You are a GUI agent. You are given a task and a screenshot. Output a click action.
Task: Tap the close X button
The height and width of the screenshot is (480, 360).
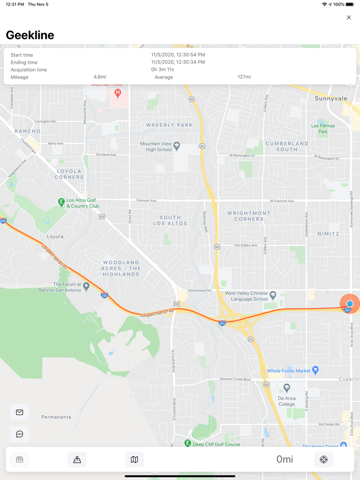[349, 17]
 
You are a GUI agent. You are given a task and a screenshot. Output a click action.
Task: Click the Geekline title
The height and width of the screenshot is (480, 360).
[30, 35]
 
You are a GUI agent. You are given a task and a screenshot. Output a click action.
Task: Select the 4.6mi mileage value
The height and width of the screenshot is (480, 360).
[100, 77]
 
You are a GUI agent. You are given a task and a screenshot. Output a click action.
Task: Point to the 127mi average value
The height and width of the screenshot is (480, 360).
[244, 77]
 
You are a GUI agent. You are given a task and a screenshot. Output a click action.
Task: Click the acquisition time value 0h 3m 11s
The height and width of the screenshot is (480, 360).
[163, 69]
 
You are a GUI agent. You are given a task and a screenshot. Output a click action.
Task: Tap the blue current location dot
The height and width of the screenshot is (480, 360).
[350, 304]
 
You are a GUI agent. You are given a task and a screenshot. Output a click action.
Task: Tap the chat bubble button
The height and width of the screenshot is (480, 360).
[20, 434]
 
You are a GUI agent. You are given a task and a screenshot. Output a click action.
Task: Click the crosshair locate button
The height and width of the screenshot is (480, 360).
[323, 459]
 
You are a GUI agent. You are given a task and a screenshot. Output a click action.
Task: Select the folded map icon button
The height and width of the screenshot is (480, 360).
[134, 459]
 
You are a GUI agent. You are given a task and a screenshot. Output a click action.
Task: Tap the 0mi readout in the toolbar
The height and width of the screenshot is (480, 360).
[284, 459]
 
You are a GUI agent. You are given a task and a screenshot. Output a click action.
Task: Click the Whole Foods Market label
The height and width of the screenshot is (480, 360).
[289, 371]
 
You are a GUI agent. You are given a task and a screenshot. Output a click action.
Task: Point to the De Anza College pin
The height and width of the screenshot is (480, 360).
[287, 388]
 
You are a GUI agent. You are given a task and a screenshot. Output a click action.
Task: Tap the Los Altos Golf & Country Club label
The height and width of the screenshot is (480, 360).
[82, 203]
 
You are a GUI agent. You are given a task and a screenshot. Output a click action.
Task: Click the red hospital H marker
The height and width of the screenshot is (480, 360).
[118, 93]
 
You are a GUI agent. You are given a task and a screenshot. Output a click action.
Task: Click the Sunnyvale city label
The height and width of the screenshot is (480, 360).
[331, 98]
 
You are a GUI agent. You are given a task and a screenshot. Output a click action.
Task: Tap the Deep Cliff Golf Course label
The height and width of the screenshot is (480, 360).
[216, 445]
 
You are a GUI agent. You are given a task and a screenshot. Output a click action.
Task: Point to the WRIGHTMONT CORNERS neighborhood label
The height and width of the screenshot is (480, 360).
[248, 216]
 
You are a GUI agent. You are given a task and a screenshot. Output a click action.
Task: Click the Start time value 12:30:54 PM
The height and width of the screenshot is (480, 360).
[178, 54]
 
